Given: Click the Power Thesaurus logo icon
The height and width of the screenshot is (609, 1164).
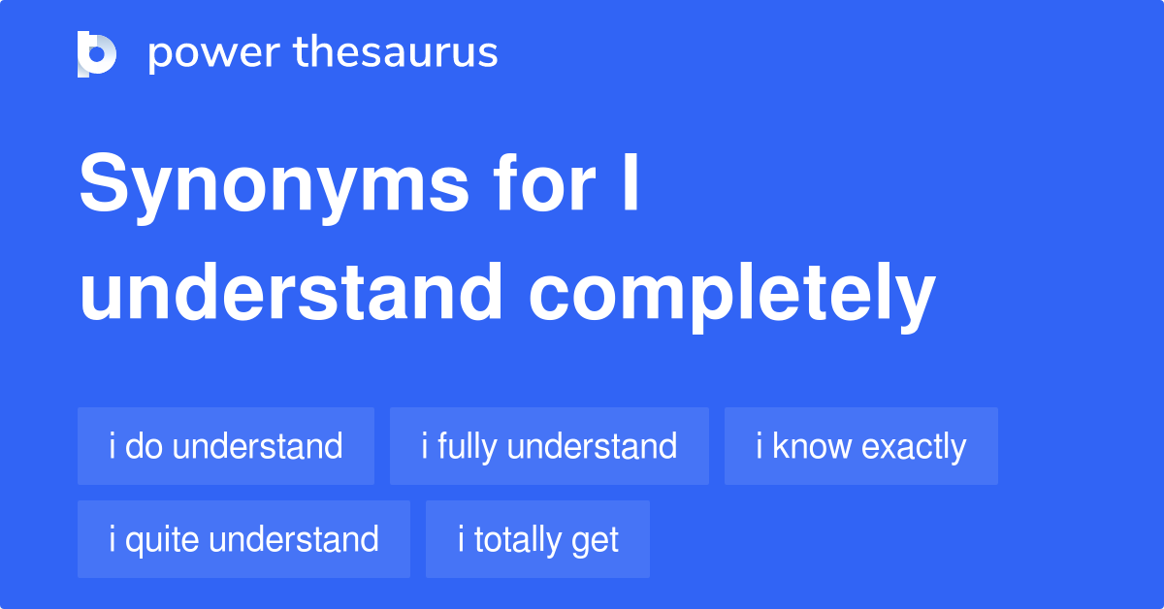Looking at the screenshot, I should pos(97,53).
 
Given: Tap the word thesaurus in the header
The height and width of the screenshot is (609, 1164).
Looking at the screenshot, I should pos(396,53).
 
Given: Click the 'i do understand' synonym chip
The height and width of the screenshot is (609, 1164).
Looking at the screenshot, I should pos(225,446).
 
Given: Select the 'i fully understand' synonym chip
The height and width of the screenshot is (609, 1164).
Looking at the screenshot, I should pos(549,446).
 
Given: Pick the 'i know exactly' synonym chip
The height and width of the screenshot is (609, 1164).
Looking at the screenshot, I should pos(860,446).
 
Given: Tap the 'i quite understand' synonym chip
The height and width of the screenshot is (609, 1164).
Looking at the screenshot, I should pos(243,539).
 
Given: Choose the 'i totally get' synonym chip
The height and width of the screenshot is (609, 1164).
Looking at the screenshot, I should pos(537,539).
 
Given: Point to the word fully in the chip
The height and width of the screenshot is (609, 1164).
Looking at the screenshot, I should pos(468,447).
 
